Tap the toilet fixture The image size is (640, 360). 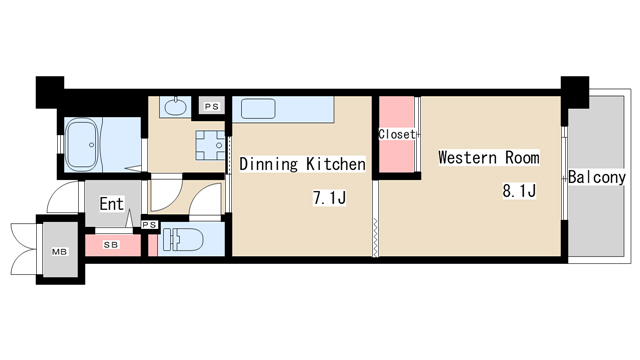point(183,240)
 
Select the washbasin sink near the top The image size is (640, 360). point(176,106)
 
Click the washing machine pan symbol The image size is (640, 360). point(210,145)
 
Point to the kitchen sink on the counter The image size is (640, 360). point(258,109)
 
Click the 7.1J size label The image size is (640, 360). point(329,198)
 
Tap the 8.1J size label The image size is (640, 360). point(519,191)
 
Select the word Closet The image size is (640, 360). point(397,134)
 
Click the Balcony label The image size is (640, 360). point(597,177)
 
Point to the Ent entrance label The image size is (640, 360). point(111,204)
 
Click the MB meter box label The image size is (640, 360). point(59,252)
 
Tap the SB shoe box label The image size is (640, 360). point(111,245)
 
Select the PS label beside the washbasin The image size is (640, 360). point(212,107)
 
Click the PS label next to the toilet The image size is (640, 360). point(150,225)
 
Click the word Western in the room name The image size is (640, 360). point(467,158)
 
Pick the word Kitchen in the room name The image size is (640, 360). point(336,164)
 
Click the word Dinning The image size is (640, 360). point(269,164)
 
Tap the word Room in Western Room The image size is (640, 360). point(522,158)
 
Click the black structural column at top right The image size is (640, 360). point(575,92)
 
